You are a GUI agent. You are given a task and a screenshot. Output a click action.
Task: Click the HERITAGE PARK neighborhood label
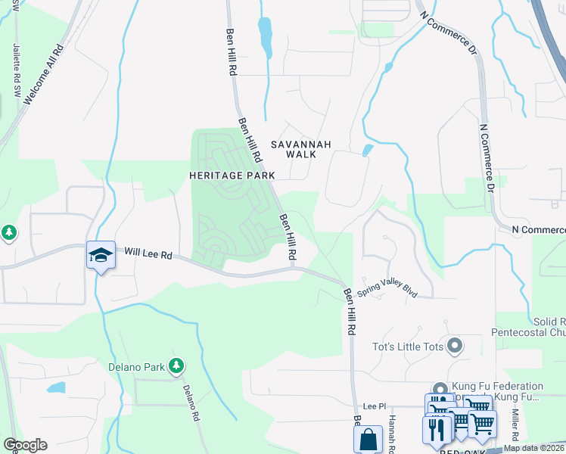pyautogui.click(x=225, y=175)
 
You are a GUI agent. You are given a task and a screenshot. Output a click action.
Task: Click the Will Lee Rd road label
pyautogui.click(x=148, y=253)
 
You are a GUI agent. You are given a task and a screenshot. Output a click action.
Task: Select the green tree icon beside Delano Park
pyautogui.click(x=176, y=367)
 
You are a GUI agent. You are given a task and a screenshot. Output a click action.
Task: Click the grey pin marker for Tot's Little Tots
pyautogui.click(x=454, y=347)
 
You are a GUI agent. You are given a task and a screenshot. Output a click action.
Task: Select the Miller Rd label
pyautogui.click(x=515, y=425)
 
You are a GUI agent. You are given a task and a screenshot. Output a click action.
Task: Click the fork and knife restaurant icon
pyautogui.click(x=437, y=430)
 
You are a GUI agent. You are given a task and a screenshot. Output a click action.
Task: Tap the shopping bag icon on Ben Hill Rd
pyautogui.click(x=368, y=438)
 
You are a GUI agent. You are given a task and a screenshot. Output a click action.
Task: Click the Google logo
pyautogui.click(x=25, y=445)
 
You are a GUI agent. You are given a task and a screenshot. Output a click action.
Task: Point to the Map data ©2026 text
pyautogui.click(x=533, y=448)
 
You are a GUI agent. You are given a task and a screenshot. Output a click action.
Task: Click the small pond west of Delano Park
pyautogui.click(x=55, y=388)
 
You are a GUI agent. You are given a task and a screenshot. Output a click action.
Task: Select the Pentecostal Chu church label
pyautogui.click(x=527, y=331)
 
